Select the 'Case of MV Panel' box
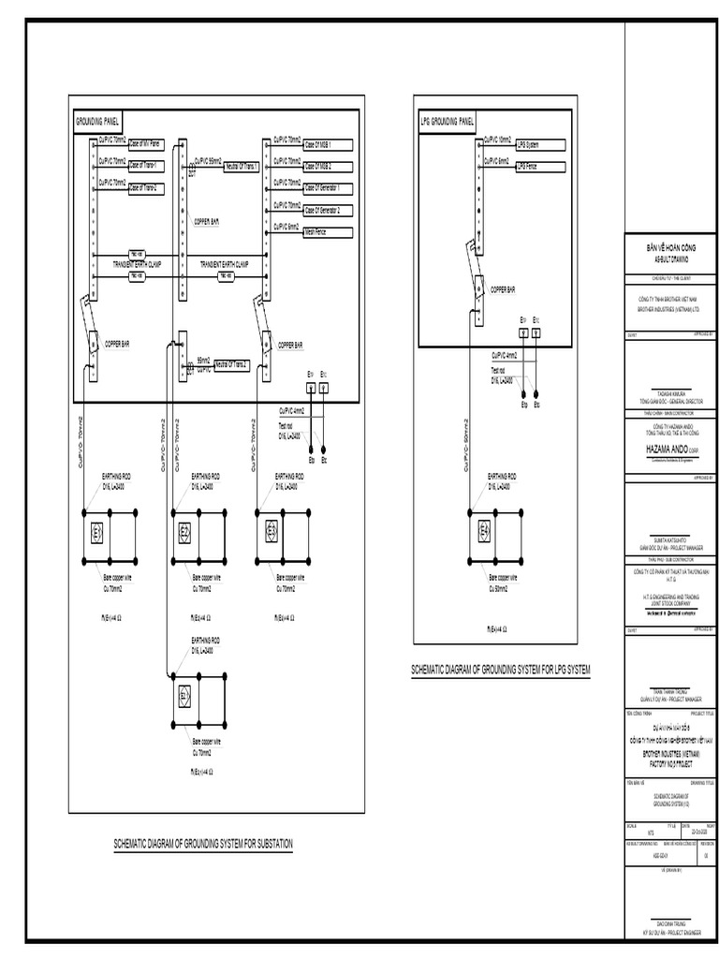click(145, 144)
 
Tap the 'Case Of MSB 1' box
click(328, 144)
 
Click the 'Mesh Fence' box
click(328, 230)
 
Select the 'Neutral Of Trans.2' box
click(237, 364)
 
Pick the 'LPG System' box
click(539, 145)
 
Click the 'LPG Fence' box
click(539, 167)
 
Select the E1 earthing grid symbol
click(97, 533)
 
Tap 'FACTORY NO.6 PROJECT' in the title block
click(668, 764)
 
